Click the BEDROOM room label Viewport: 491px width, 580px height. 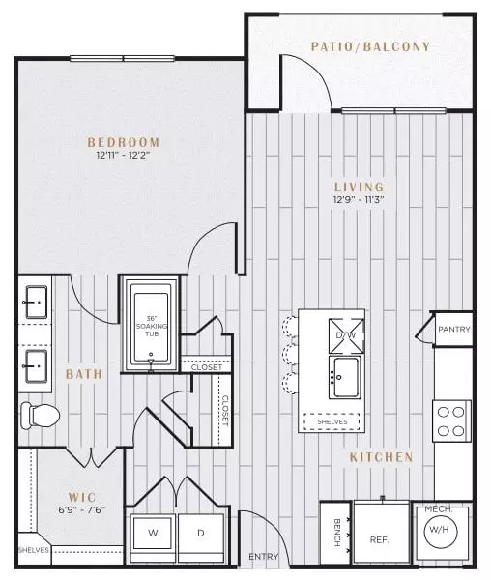point(124,142)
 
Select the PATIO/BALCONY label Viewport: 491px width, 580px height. point(370,46)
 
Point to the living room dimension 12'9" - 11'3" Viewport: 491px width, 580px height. point(359,199)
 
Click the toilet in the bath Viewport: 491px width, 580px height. point(40,416)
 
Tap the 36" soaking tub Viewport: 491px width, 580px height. point(151,325)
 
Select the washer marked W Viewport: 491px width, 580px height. point(153,533)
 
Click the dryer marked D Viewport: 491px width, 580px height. point(201,533)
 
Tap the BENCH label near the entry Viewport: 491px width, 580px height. point(337,533)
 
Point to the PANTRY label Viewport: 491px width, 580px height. point(454,329)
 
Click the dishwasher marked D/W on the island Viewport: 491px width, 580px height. point(346,335)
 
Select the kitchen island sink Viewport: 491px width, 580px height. point(345,378)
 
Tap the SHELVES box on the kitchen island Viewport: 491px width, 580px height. point(332,421)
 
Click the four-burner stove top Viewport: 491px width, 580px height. point(451,420)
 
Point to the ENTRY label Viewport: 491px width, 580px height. point(263,556)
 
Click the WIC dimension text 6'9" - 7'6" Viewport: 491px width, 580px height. point(82,509)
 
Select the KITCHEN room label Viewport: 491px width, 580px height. point(382,457)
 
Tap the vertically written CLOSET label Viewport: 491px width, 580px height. point(225,411)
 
